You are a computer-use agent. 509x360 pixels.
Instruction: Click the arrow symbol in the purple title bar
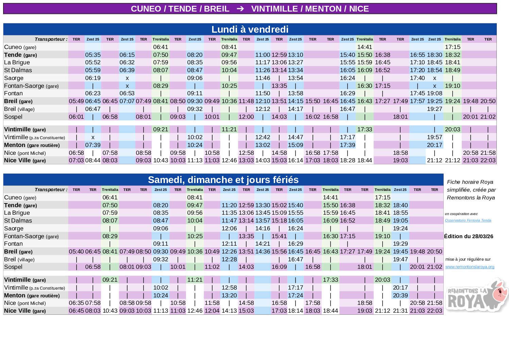coord(240,9)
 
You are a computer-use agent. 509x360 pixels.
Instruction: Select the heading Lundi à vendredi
coord(250,30)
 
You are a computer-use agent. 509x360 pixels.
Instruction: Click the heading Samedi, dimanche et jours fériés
coord(223,180)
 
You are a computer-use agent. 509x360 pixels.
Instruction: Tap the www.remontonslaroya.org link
coord(470,267)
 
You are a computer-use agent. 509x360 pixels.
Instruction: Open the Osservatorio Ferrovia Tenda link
coord(468,220)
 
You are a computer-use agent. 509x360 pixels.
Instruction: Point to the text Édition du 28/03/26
coord(468,236)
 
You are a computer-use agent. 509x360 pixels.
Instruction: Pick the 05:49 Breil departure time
coord(76,101)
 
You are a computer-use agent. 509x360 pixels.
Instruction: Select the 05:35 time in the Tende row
coord(93,55)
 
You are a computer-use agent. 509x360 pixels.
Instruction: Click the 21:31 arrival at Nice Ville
coord(400,311)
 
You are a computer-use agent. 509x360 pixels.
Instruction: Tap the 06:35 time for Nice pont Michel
coord(76,303)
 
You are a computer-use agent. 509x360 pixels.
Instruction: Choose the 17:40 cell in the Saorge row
coord(417,78)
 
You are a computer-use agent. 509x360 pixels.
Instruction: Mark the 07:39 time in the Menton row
coord(93,145)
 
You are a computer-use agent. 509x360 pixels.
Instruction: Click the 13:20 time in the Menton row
coord(229,295)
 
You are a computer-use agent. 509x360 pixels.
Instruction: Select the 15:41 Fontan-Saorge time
coord(279,236)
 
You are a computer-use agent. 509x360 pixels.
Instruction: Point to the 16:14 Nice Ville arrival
coord(295,161)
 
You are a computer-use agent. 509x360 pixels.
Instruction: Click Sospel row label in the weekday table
coord(13,117)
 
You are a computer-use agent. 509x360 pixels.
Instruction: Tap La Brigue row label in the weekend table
coord(17,213)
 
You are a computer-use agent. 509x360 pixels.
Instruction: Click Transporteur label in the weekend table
coord(51,190)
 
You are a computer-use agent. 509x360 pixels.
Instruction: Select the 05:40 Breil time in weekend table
coord(76,252)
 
